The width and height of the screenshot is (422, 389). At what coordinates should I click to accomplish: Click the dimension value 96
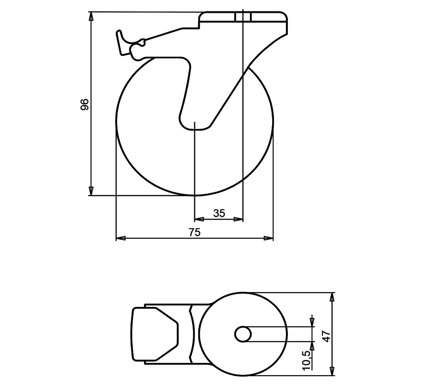click(85, 104)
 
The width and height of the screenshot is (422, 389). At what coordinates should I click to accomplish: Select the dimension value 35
click(219, 213)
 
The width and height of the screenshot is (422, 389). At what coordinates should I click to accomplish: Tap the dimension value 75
click(195, 232)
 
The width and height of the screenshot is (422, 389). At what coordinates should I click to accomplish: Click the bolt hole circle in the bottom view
click(243, 334)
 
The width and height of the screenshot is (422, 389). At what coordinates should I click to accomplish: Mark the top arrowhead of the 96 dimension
click(91, 16)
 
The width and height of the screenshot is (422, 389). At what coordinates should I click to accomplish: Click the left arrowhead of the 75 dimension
click(120, 238)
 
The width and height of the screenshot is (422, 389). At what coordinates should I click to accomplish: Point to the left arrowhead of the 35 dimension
click(199, 219)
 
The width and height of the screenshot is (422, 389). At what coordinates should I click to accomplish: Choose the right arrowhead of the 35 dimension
click(239, 219)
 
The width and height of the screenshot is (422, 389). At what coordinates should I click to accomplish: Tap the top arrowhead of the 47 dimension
click(332, 296)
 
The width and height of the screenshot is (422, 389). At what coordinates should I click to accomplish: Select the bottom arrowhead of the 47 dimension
click(332, 371)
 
